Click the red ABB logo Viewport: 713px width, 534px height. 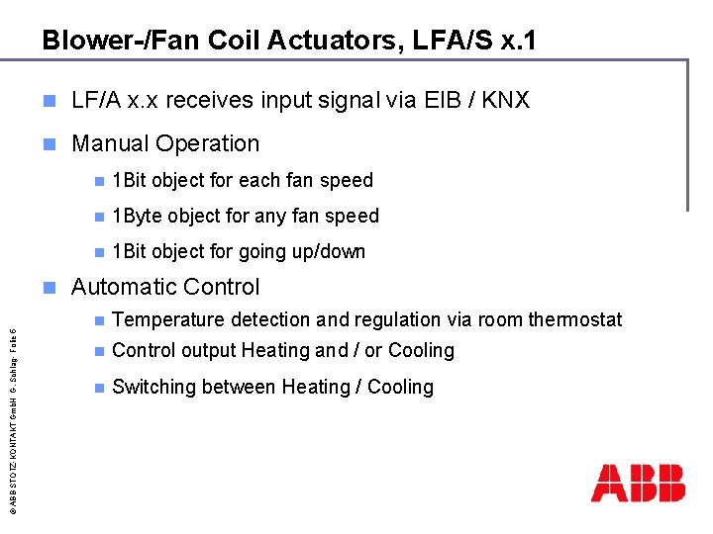click(638, 482)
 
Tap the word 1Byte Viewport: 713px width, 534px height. click(137, 216)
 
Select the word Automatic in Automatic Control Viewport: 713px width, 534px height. click(122, 287)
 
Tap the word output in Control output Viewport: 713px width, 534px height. click(203, 350)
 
